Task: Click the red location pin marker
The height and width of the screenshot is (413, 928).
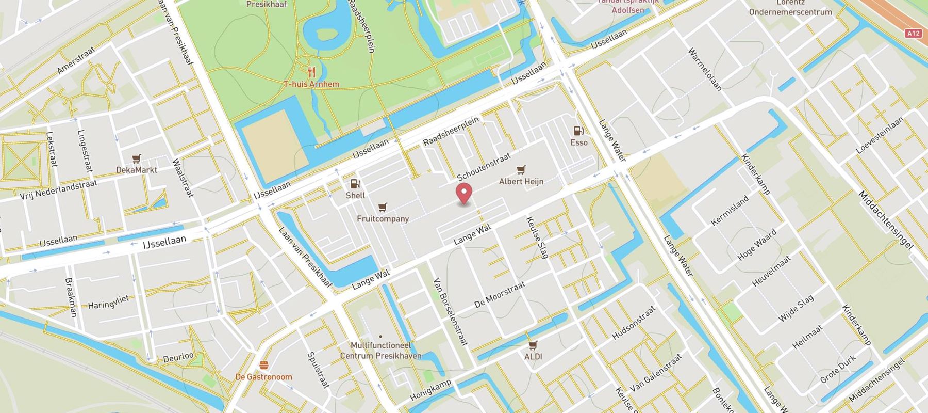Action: coord(465,193)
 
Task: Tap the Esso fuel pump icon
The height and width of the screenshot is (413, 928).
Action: coord(578,131)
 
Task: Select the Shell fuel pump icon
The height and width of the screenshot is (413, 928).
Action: coord(355,183)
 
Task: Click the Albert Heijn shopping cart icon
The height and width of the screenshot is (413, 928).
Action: coord(521,170)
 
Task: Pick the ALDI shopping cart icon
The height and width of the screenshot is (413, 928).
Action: coord(533,345)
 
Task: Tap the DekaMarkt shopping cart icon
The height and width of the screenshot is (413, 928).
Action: coord(136,158)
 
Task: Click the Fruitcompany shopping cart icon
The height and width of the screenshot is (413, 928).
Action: coord(382,207)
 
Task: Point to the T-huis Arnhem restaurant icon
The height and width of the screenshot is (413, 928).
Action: coord(311,72)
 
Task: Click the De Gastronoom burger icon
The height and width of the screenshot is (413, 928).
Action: coord(264,365)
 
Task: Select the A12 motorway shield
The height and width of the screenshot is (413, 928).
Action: coord(914,33)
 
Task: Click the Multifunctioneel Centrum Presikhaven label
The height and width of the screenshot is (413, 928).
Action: coord(380,350)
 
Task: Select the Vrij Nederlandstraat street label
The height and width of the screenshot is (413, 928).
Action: coord(58,189)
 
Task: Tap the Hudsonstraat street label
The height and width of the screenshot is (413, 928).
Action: coord(633,323)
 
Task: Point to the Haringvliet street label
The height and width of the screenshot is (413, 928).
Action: coord(108,301)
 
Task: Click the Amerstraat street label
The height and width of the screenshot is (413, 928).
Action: coord(76,60)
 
